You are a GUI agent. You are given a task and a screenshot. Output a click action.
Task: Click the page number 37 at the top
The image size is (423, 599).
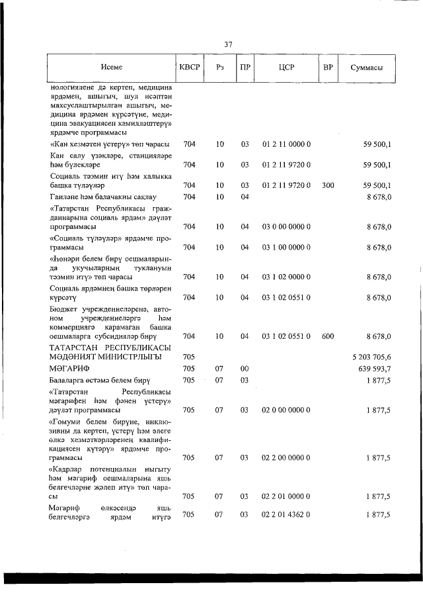[x=228, y=44]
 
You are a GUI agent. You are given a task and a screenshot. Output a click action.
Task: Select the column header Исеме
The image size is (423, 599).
[x=112, y=68]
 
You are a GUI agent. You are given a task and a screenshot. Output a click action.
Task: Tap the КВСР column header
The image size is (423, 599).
[x=189, y=68]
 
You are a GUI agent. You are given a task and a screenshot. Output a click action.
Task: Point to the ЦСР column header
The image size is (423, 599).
[x=286, y=68]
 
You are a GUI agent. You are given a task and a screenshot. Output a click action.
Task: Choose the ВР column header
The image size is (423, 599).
[x=327, y=68]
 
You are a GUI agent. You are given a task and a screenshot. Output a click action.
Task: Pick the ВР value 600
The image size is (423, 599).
[x=327, y=336]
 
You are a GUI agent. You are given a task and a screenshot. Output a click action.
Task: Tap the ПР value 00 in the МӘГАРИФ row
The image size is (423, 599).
[x=244, y=369]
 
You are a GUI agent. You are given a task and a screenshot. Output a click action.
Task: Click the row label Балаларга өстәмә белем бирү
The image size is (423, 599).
[x=101, y=380]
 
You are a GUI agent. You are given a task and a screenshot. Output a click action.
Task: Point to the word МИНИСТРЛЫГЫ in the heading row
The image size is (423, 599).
[x=127, y=357]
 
